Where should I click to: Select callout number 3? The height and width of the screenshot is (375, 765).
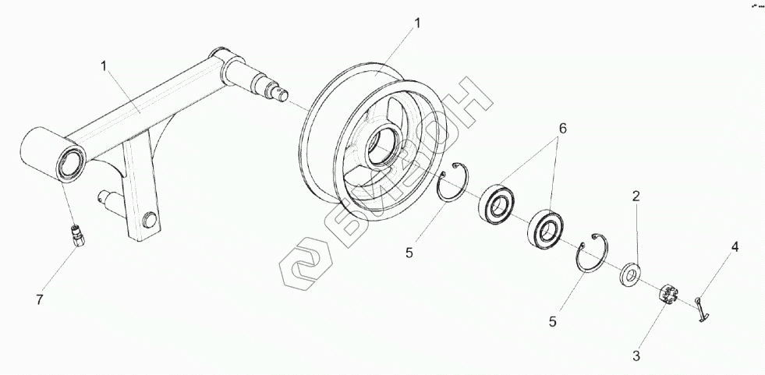tap(636, 357)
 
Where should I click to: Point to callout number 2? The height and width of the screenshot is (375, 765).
tap(636, 197)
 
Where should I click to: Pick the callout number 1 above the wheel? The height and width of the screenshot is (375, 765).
tap(417, 23)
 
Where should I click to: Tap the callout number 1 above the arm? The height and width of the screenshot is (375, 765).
tap(103, 66)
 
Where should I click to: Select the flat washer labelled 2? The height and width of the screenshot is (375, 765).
tap(629, 274)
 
